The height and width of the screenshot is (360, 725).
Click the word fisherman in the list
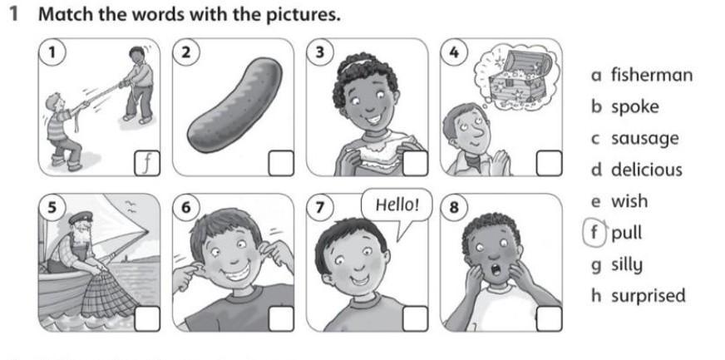click(652, 75)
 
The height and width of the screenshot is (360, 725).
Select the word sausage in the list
click(645, 139)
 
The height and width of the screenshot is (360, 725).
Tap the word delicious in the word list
click(646, 170)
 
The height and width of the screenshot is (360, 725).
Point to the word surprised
click(649, 296)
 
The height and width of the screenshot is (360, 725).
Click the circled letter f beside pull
click(595, 234)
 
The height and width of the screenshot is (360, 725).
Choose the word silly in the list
click(627, 264)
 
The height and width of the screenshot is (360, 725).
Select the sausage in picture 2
click(235, 105)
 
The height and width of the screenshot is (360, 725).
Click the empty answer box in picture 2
click(281, 163)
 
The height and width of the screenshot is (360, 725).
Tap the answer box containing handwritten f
click(147, 163)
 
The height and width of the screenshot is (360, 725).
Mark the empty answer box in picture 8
click(550, 319)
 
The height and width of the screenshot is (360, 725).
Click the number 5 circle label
click(53, 208)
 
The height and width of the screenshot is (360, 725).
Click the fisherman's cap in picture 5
click(81, 218)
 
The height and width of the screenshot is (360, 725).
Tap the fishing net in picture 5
click(109, 295)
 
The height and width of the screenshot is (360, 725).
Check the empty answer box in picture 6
click(281, 319)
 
